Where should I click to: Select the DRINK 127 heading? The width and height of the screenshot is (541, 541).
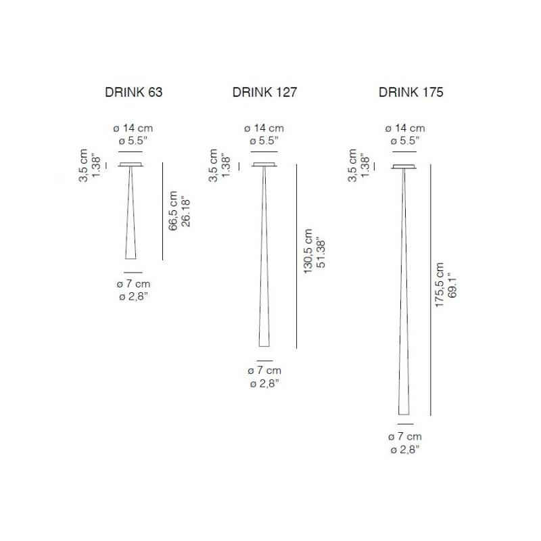pyautogui.click(x=264, y=93)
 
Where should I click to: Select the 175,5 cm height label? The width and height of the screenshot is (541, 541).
pyautogui.click(x=440, y=285)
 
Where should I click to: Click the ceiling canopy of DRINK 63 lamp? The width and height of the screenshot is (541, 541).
pyautogui.click(x=130, y=166)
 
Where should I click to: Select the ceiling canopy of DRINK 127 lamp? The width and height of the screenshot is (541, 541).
pyautogui.click(x=264, y=166)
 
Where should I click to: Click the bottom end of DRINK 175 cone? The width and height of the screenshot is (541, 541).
pyautogui.click(x=404, y=413)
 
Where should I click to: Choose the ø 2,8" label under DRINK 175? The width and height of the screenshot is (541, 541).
pyautogui.click(x=404, y=449)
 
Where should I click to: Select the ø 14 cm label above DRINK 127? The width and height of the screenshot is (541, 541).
pyautogui.click(x=264, y=128)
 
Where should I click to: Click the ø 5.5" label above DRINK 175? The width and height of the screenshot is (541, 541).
pyautogui.click(x=404, y=141)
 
